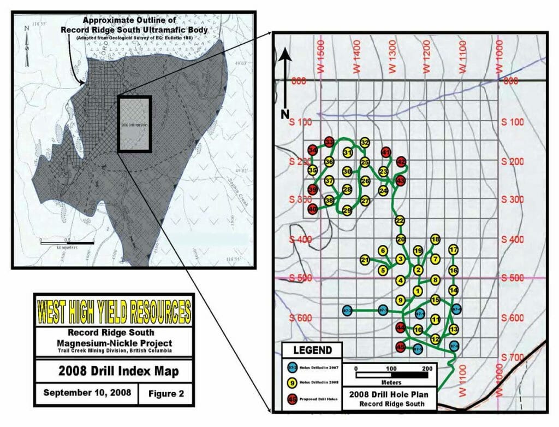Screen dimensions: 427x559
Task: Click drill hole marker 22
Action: [x=400, y=220]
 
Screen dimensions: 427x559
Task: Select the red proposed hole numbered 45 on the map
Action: [x=400, y=347]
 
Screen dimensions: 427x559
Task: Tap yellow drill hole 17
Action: [x=453, y=250]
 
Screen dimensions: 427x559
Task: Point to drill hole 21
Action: [x=365, y=260]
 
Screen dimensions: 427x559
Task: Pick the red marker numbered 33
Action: [x=329, y=142]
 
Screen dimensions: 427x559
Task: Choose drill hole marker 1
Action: [x=418, y=290]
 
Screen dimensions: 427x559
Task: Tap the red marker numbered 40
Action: [x=313, y=209]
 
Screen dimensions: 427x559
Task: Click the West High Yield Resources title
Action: [x=114, y=311]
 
